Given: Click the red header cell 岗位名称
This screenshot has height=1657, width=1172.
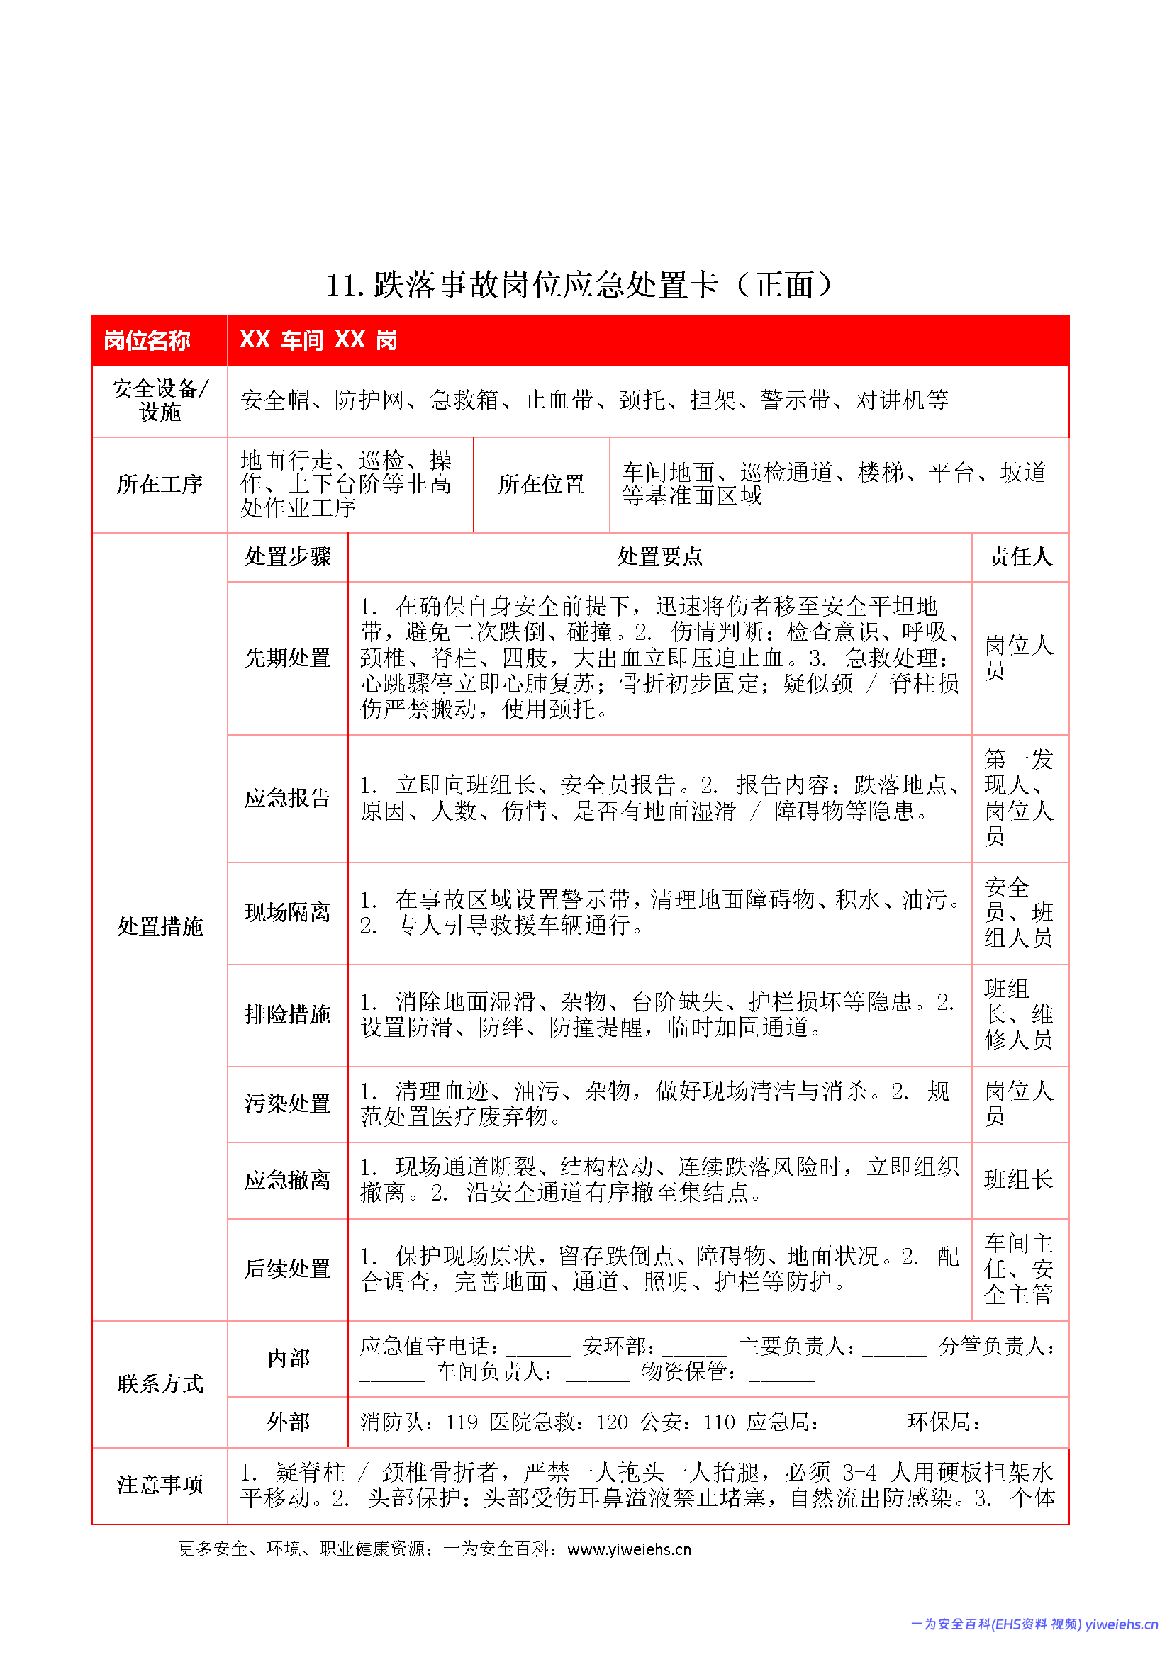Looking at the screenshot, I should pos(147,340).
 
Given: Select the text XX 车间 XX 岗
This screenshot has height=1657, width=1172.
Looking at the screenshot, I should pos(318,340).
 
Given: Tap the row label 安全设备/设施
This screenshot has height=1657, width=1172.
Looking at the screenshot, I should pos(160,400).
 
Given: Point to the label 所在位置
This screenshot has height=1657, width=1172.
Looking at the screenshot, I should pos(541,484).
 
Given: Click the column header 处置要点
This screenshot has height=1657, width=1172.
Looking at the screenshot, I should pos(659,556).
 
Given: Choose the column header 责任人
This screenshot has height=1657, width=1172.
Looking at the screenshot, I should pos(1020,556).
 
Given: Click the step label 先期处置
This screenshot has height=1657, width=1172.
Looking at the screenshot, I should pos(287,658).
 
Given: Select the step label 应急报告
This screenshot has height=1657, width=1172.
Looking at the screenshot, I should pos(287,797).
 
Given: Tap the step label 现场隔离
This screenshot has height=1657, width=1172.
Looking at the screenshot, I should pos(287,912).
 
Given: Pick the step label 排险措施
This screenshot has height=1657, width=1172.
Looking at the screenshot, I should pos(287,1014).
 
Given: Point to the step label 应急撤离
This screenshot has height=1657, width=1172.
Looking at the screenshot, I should pos(287,1180).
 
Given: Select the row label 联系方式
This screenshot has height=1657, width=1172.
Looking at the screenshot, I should pos(160,1383).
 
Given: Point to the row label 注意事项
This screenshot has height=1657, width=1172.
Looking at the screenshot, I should pos(160,1485).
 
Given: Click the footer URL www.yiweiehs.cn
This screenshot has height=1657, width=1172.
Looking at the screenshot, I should pos(629,1549).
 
